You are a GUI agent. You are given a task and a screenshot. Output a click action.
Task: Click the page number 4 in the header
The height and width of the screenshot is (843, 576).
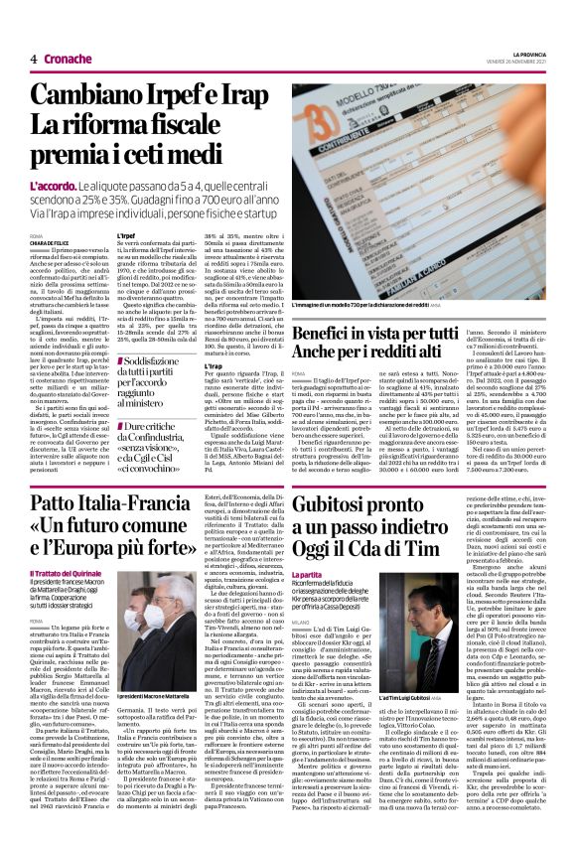coord(34,59)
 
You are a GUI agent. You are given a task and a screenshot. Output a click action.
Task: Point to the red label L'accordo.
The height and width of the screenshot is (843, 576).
coord(53,186)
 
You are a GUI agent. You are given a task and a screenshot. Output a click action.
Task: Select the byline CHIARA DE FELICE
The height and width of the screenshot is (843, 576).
coord(50,241)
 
